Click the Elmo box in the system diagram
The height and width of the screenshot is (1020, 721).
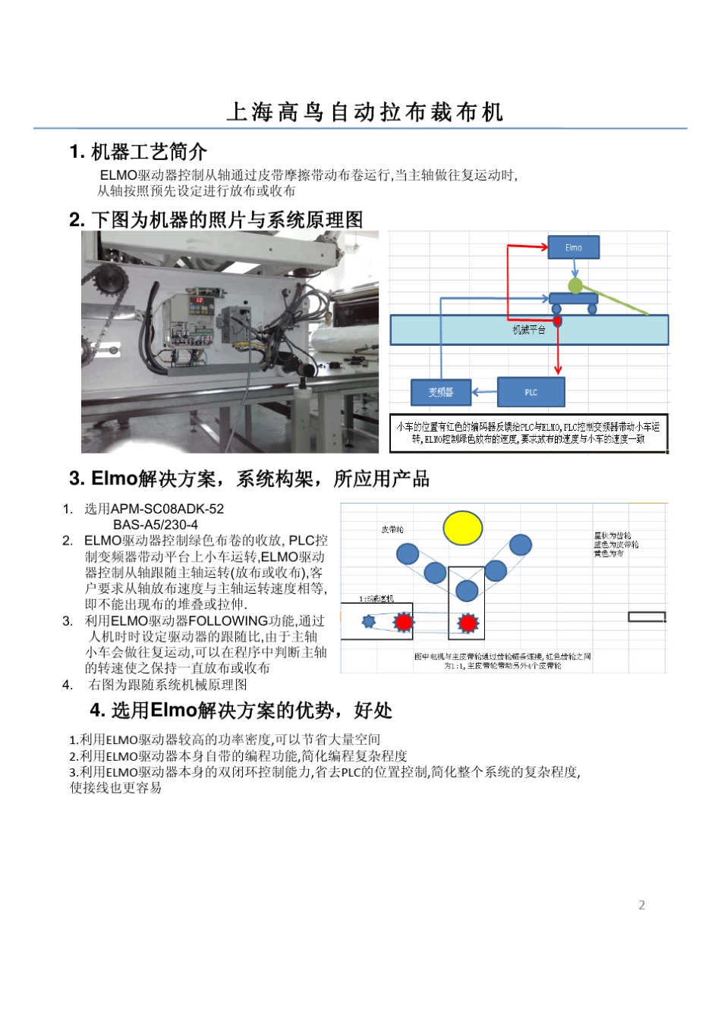point(574,247)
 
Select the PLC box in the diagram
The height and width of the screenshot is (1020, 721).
point(531,392)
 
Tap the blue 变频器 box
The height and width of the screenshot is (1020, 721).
point(441,392)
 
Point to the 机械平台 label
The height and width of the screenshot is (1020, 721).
point(529,330)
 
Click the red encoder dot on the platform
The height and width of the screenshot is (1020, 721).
point(558,322)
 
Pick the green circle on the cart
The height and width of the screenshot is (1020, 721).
point(575,286)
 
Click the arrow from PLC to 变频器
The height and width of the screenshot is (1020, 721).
point(484,392)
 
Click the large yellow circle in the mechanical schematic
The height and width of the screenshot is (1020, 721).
point(463,528)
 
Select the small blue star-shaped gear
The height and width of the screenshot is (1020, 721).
point(369,622)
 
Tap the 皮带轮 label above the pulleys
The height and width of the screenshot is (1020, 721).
point(392,529)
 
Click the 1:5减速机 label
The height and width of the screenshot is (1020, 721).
point(376,598)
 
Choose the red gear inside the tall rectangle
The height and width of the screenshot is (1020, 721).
point(468,623)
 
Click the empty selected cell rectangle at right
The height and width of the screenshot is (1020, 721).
point(647,617)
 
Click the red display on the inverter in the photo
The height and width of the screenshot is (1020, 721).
point(199,300)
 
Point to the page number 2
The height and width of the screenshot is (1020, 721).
point(642,905)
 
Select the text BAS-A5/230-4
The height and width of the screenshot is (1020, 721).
point(156,525)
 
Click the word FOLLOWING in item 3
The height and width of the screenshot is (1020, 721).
point(228,621)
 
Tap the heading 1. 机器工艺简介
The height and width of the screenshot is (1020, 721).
point(138,152)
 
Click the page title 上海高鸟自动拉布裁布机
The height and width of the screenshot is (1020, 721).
point(365,112)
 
